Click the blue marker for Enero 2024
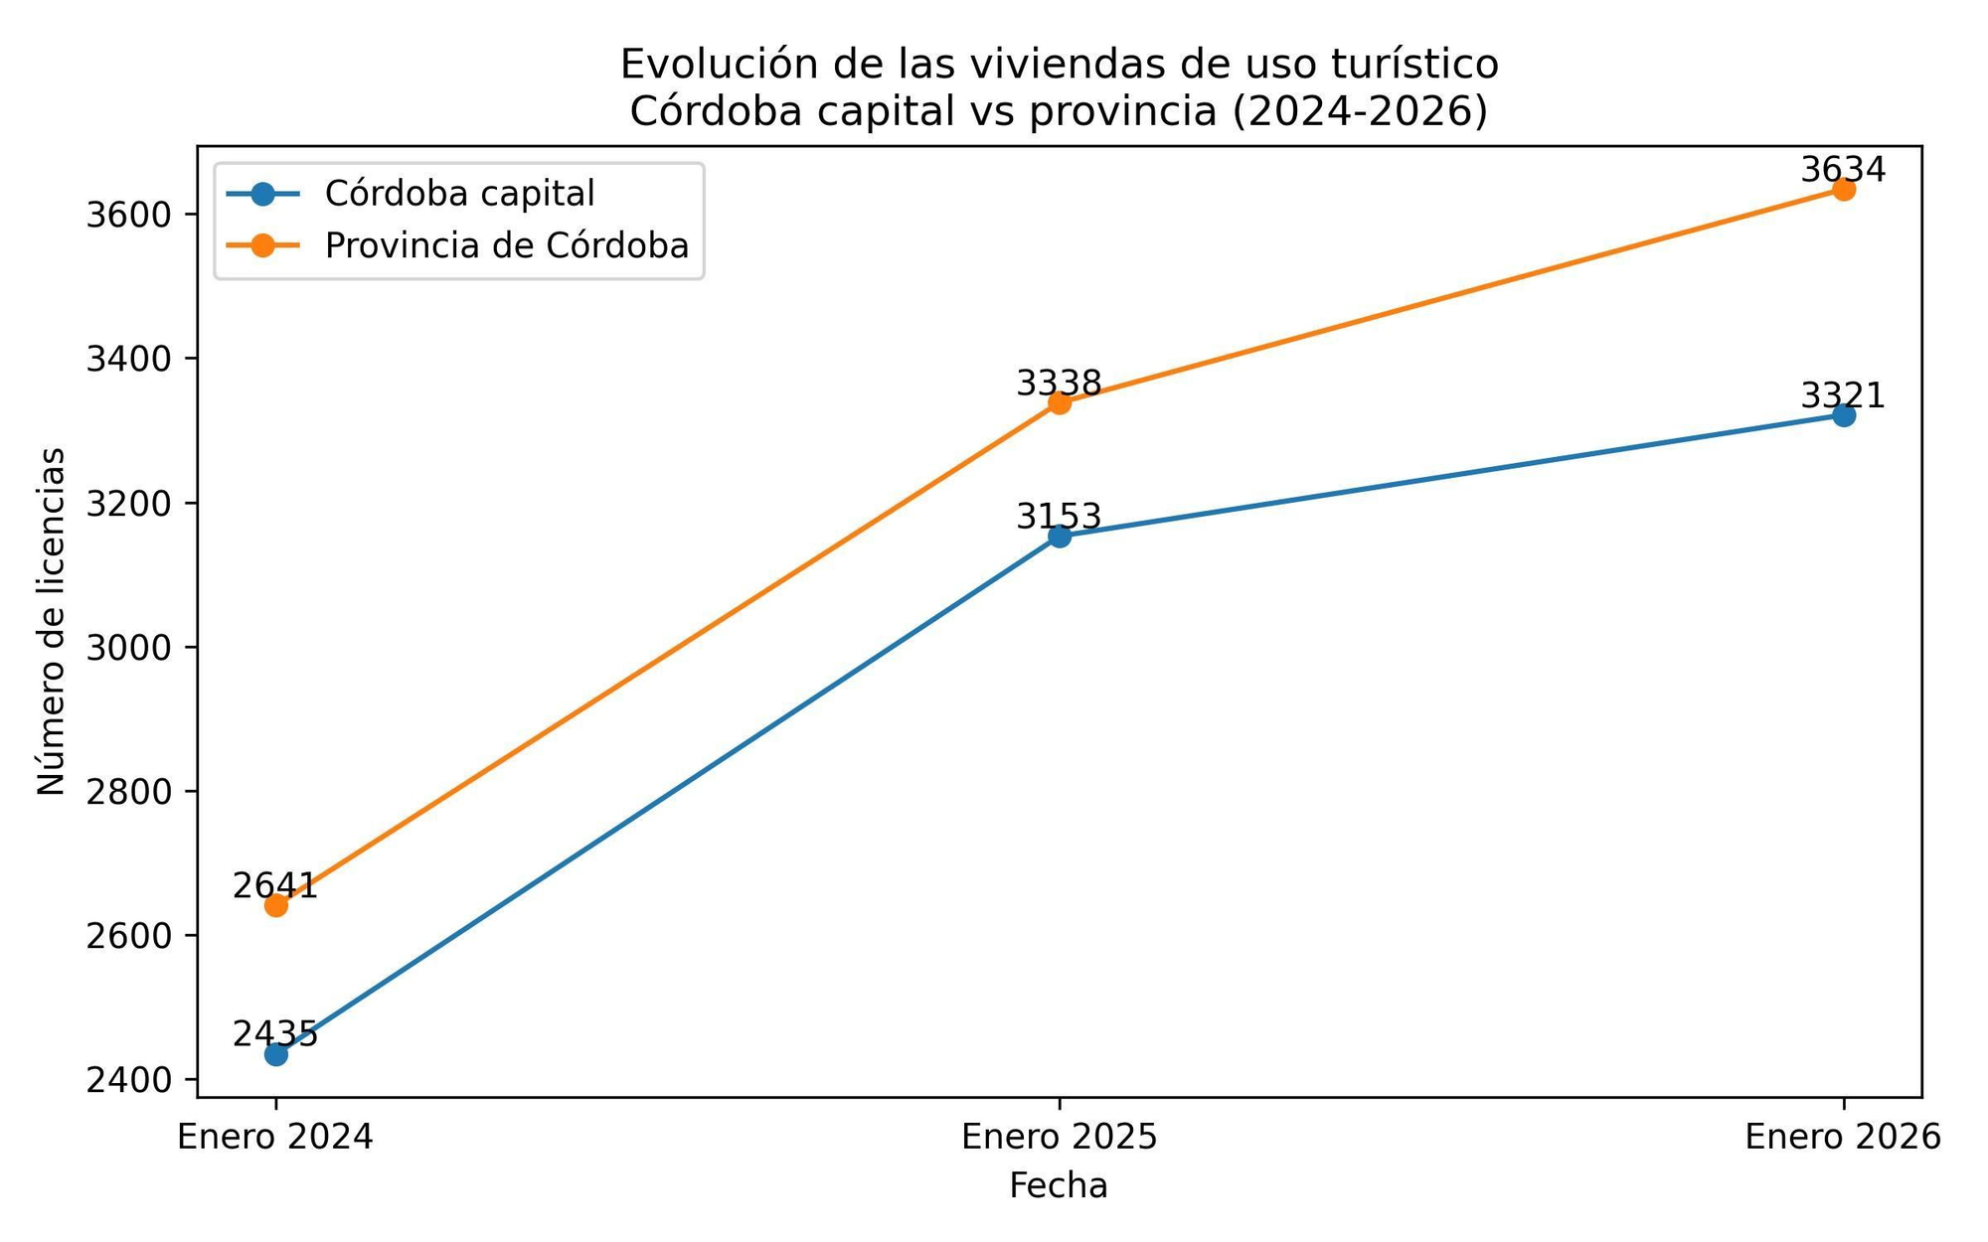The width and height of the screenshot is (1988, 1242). coord(276,1054)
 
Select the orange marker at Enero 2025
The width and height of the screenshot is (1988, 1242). coord(1060,402)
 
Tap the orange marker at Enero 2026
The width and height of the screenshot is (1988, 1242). coord(1844,189)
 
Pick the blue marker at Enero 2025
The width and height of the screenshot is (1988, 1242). coord(1060,537)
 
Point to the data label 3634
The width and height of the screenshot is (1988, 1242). coord(1843,170)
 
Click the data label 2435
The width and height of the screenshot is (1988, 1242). coord(275,1033)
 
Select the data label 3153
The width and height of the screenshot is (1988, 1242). coord(1059,517)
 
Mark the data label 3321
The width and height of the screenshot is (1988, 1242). coord(1843,395)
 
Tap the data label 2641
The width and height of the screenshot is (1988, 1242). coord(275,885)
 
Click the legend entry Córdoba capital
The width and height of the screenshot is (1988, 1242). coord(459,194)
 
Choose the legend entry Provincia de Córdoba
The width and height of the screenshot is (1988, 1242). coord(506,245)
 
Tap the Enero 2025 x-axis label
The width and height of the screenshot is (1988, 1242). coord(1060,1137)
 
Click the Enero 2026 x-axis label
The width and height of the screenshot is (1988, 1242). coord(1843,1137)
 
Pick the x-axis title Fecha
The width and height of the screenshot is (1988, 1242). coord(1059,1186)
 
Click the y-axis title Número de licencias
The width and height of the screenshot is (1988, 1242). coord(52,621)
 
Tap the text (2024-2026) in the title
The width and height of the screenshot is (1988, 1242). coord(1360,111)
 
